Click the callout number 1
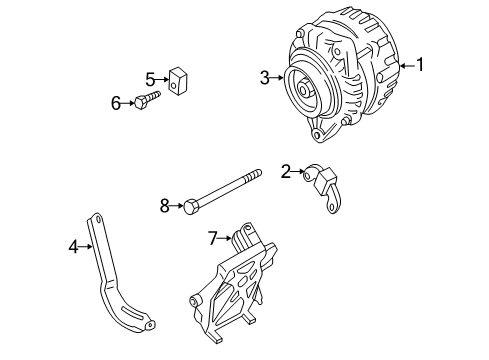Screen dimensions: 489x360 coord(420,64)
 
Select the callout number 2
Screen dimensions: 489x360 coord(286,172)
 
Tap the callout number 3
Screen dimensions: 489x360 coord(264,78)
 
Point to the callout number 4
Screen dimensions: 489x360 coord(73,247)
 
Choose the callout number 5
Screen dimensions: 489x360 coord(150,80)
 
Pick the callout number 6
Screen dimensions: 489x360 coord(116,103)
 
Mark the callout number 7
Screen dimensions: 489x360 coord(213,238)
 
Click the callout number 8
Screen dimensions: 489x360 coord(165,206)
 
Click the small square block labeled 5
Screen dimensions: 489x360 coord(178,81)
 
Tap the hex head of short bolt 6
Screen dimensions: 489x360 coord(140,102)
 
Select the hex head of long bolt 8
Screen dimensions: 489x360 coord(189,207)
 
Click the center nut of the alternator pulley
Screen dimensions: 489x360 coord(304,90)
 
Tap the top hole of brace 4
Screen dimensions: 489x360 coord(97,220)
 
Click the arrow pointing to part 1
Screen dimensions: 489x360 coord(407,66)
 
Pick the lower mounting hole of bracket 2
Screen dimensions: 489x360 coord(331,207)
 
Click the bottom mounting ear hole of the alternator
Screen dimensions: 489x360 coord(317,135)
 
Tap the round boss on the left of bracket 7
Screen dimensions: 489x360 coord(194,301)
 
